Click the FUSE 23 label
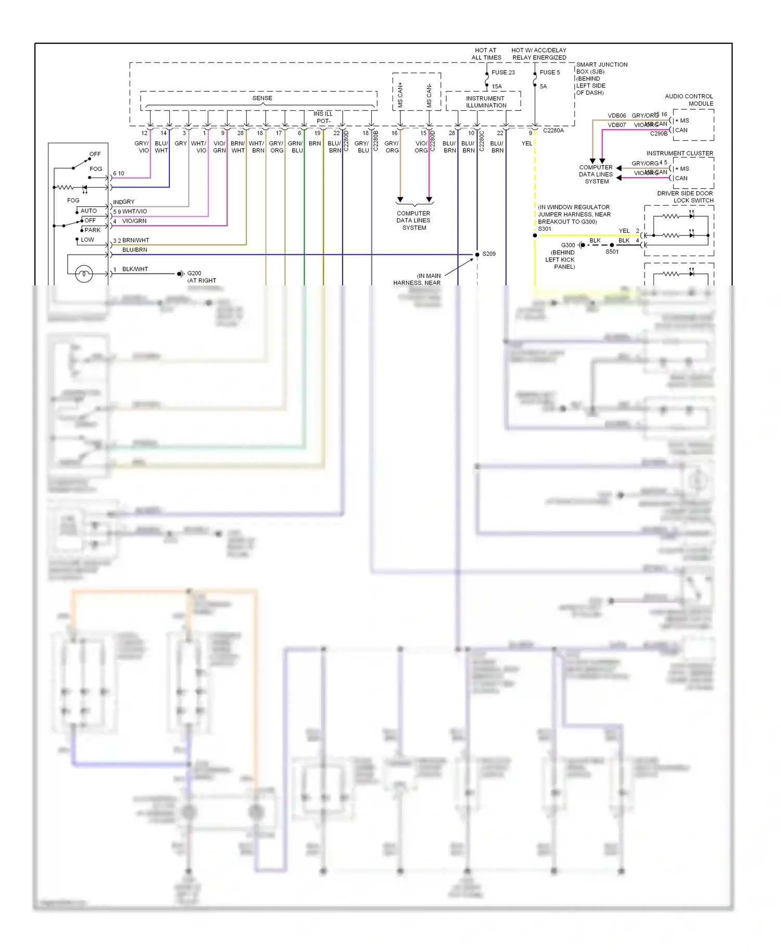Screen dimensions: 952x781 coord(502,72)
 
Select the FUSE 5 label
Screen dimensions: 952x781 coord(549,72)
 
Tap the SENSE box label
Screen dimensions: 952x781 coord(262,98)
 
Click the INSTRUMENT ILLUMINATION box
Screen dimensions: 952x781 coord(485,102)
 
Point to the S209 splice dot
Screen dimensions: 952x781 coord(477,254)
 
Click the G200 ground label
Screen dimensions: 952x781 coord(194,273)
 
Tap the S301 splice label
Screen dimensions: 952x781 coord(544,229)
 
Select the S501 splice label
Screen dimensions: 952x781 coord(612,252)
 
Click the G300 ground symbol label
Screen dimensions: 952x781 coord(568,245)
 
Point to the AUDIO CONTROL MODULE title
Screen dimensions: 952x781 coord(689,99)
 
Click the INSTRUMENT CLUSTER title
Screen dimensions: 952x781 coord(679,153)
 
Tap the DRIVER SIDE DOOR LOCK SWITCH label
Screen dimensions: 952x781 coord(685,196)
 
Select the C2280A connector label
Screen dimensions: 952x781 coord(553,130)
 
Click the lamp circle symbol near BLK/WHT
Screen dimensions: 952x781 coord(84,273)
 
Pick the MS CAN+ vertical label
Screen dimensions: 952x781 coord(400,95)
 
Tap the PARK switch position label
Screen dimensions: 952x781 coord(92,230)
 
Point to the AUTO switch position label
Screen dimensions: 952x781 coord(89,210)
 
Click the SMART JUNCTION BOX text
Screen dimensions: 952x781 coord(601,68)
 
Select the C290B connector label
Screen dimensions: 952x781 coord(658,133)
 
